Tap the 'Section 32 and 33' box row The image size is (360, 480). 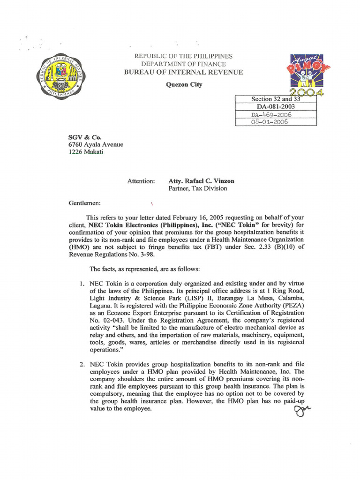coord(276,99)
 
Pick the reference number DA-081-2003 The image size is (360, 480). coord(276,106)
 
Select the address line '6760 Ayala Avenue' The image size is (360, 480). coord(96,145)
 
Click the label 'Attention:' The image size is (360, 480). coord(141,181)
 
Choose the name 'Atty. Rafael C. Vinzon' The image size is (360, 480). coord(201,181)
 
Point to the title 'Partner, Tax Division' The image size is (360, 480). coord(197,188)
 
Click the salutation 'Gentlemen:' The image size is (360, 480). coord(85,204)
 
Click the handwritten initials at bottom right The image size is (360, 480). coord(302,411)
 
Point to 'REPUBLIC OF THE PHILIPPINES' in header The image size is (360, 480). coord(183,56)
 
